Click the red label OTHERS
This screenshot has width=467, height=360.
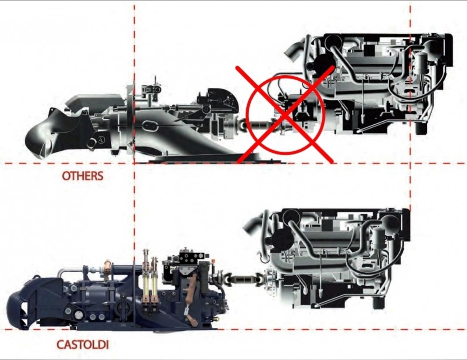(x=82, y=176)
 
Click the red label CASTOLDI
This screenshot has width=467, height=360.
(x=82, y=345)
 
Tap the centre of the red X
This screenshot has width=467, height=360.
(x=285, y=115)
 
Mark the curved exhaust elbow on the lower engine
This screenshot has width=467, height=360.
(x=254, y=224)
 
